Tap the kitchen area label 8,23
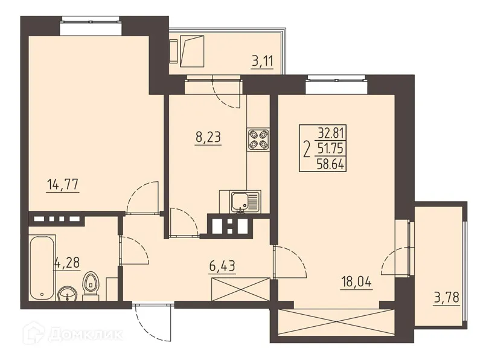coord(208,137)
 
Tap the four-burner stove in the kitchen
coord(258,141)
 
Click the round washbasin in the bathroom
coord(67,294)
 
